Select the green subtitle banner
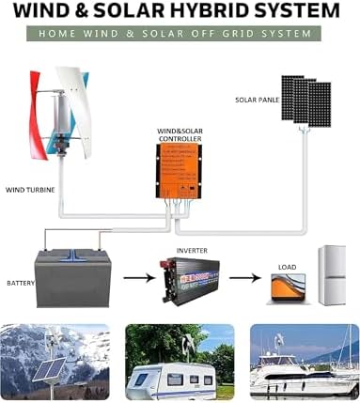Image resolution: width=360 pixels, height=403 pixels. coord(180,34)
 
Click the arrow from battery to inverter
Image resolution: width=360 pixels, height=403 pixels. coord(136,277)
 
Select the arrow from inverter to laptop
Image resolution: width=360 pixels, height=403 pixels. coord(243,278)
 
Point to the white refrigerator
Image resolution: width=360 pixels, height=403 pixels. coord(332,275)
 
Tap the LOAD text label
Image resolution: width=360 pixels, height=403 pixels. coord(288,267)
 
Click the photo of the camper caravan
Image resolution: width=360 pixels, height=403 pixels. coord(180,362)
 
